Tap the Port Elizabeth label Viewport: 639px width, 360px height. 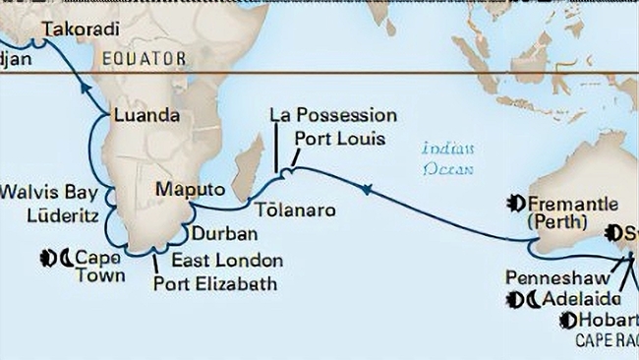point(215,285)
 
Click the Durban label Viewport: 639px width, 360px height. point(225,234)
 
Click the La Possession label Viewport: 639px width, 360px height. point(333,116)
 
